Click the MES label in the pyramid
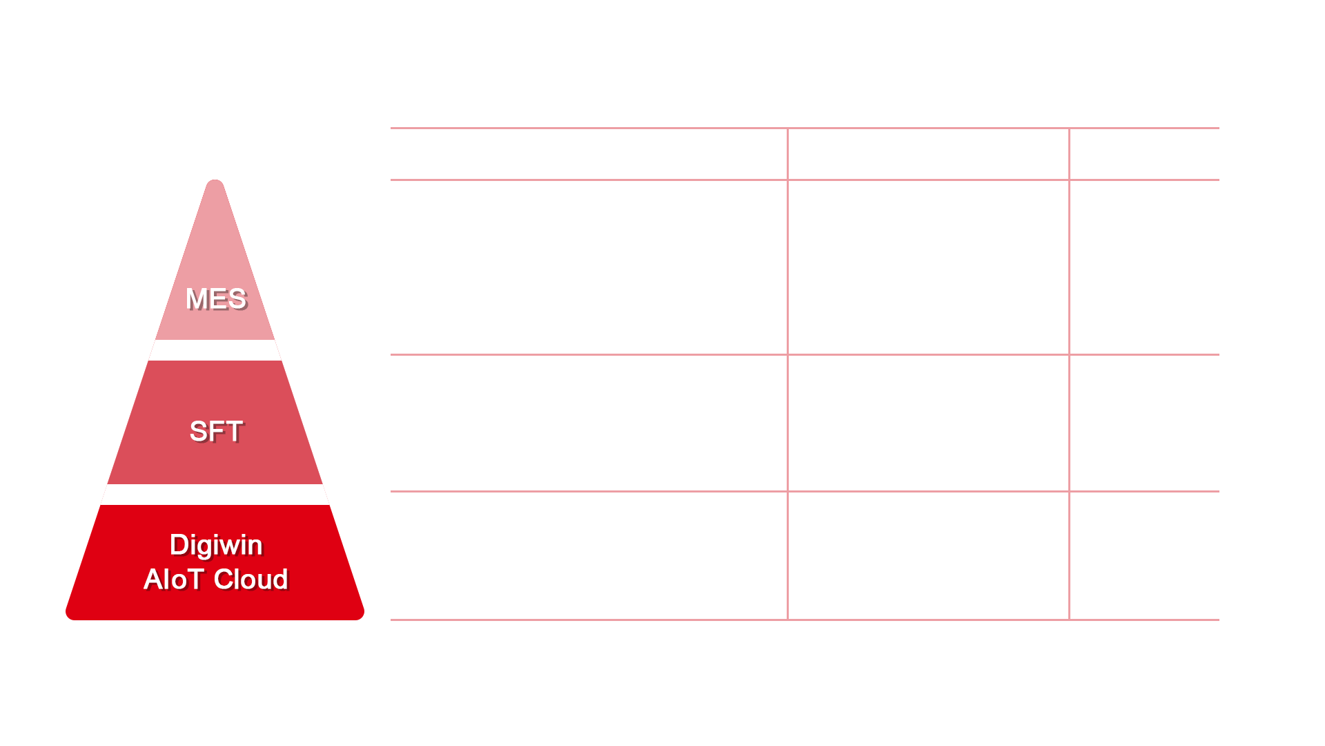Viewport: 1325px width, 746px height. tap(216, 299)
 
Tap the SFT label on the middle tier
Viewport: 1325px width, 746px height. tap(216, 432)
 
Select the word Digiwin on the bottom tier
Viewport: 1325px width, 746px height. tap(216, 546)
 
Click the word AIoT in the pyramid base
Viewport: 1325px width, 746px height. tap(173, 580)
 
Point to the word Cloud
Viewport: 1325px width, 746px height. tap(251, 580)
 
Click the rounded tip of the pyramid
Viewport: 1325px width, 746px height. tap(215, 184)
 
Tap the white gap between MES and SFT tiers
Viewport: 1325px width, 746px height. tap(215, 350)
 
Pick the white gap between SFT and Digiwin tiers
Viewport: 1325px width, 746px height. tap(215, 495)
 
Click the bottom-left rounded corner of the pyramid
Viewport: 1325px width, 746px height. tap(71, 615)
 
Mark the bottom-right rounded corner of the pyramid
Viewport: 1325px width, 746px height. tap(359, 615)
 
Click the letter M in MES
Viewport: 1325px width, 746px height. tap(196, 299)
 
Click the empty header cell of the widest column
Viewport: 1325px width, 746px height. tap(589, 154)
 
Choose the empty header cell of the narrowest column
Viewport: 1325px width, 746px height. tap(1145, 154)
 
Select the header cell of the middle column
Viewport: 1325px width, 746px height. tap(928, 154)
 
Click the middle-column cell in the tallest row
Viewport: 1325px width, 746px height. tap(928, 267)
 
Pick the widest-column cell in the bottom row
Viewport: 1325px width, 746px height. tap(589, 555)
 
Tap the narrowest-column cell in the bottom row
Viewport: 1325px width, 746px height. tap(1145, 555)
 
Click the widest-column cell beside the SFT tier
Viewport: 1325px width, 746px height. tap(589, 423)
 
